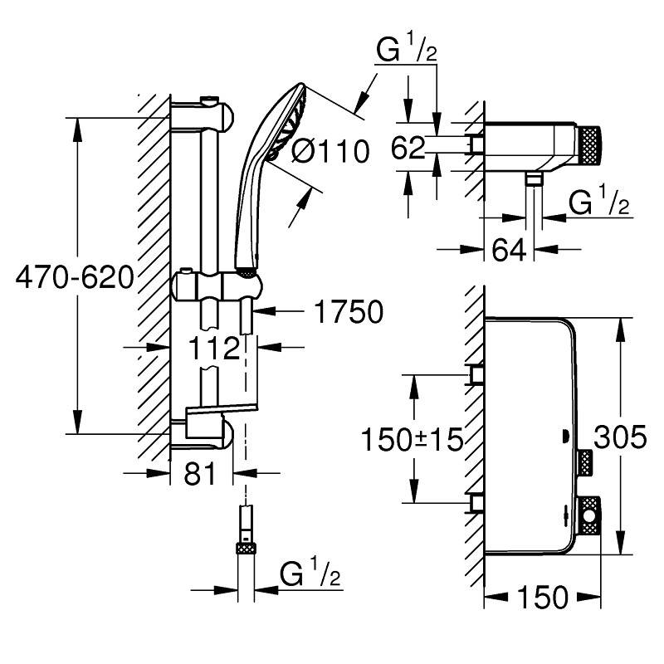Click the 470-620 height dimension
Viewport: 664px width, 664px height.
(x=75, y=278)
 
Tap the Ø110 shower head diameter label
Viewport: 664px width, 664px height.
(x=330, y=151)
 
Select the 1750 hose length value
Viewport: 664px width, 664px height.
(x=349, y=312)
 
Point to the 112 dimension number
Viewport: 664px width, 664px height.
(x=214, y=348)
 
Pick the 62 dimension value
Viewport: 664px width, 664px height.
(x=408, y=148)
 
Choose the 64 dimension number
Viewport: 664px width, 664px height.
(x=509, y=250)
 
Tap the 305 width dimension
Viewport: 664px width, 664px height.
(x=620, y=437)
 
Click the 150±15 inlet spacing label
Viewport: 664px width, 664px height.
(x=412, y=439)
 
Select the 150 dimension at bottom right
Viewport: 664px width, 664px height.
(x=543, y=597)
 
